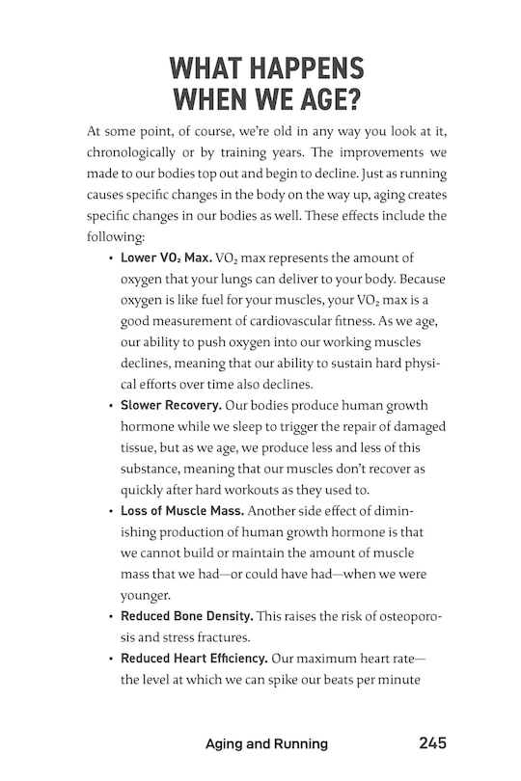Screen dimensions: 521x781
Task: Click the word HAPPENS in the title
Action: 301,69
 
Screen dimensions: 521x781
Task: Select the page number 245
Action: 432,743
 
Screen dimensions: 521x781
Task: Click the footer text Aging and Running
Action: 266,743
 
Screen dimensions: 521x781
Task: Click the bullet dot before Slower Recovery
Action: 111,405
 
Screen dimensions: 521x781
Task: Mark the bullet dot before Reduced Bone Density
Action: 111,615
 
